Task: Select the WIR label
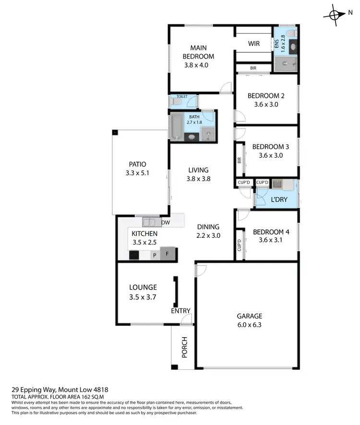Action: click(254, 44)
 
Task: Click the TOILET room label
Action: click(182, 96)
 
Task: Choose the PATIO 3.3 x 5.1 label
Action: click(136, 168)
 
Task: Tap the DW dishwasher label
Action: click(165, 223)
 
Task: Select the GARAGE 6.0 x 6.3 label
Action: click(249, 320)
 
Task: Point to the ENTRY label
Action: click(180, 311)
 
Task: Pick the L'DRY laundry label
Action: click(278, 199)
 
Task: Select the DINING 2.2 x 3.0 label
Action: click(208, 231)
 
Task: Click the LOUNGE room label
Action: click(143, 287)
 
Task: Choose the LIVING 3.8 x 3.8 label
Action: click(198, 174)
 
